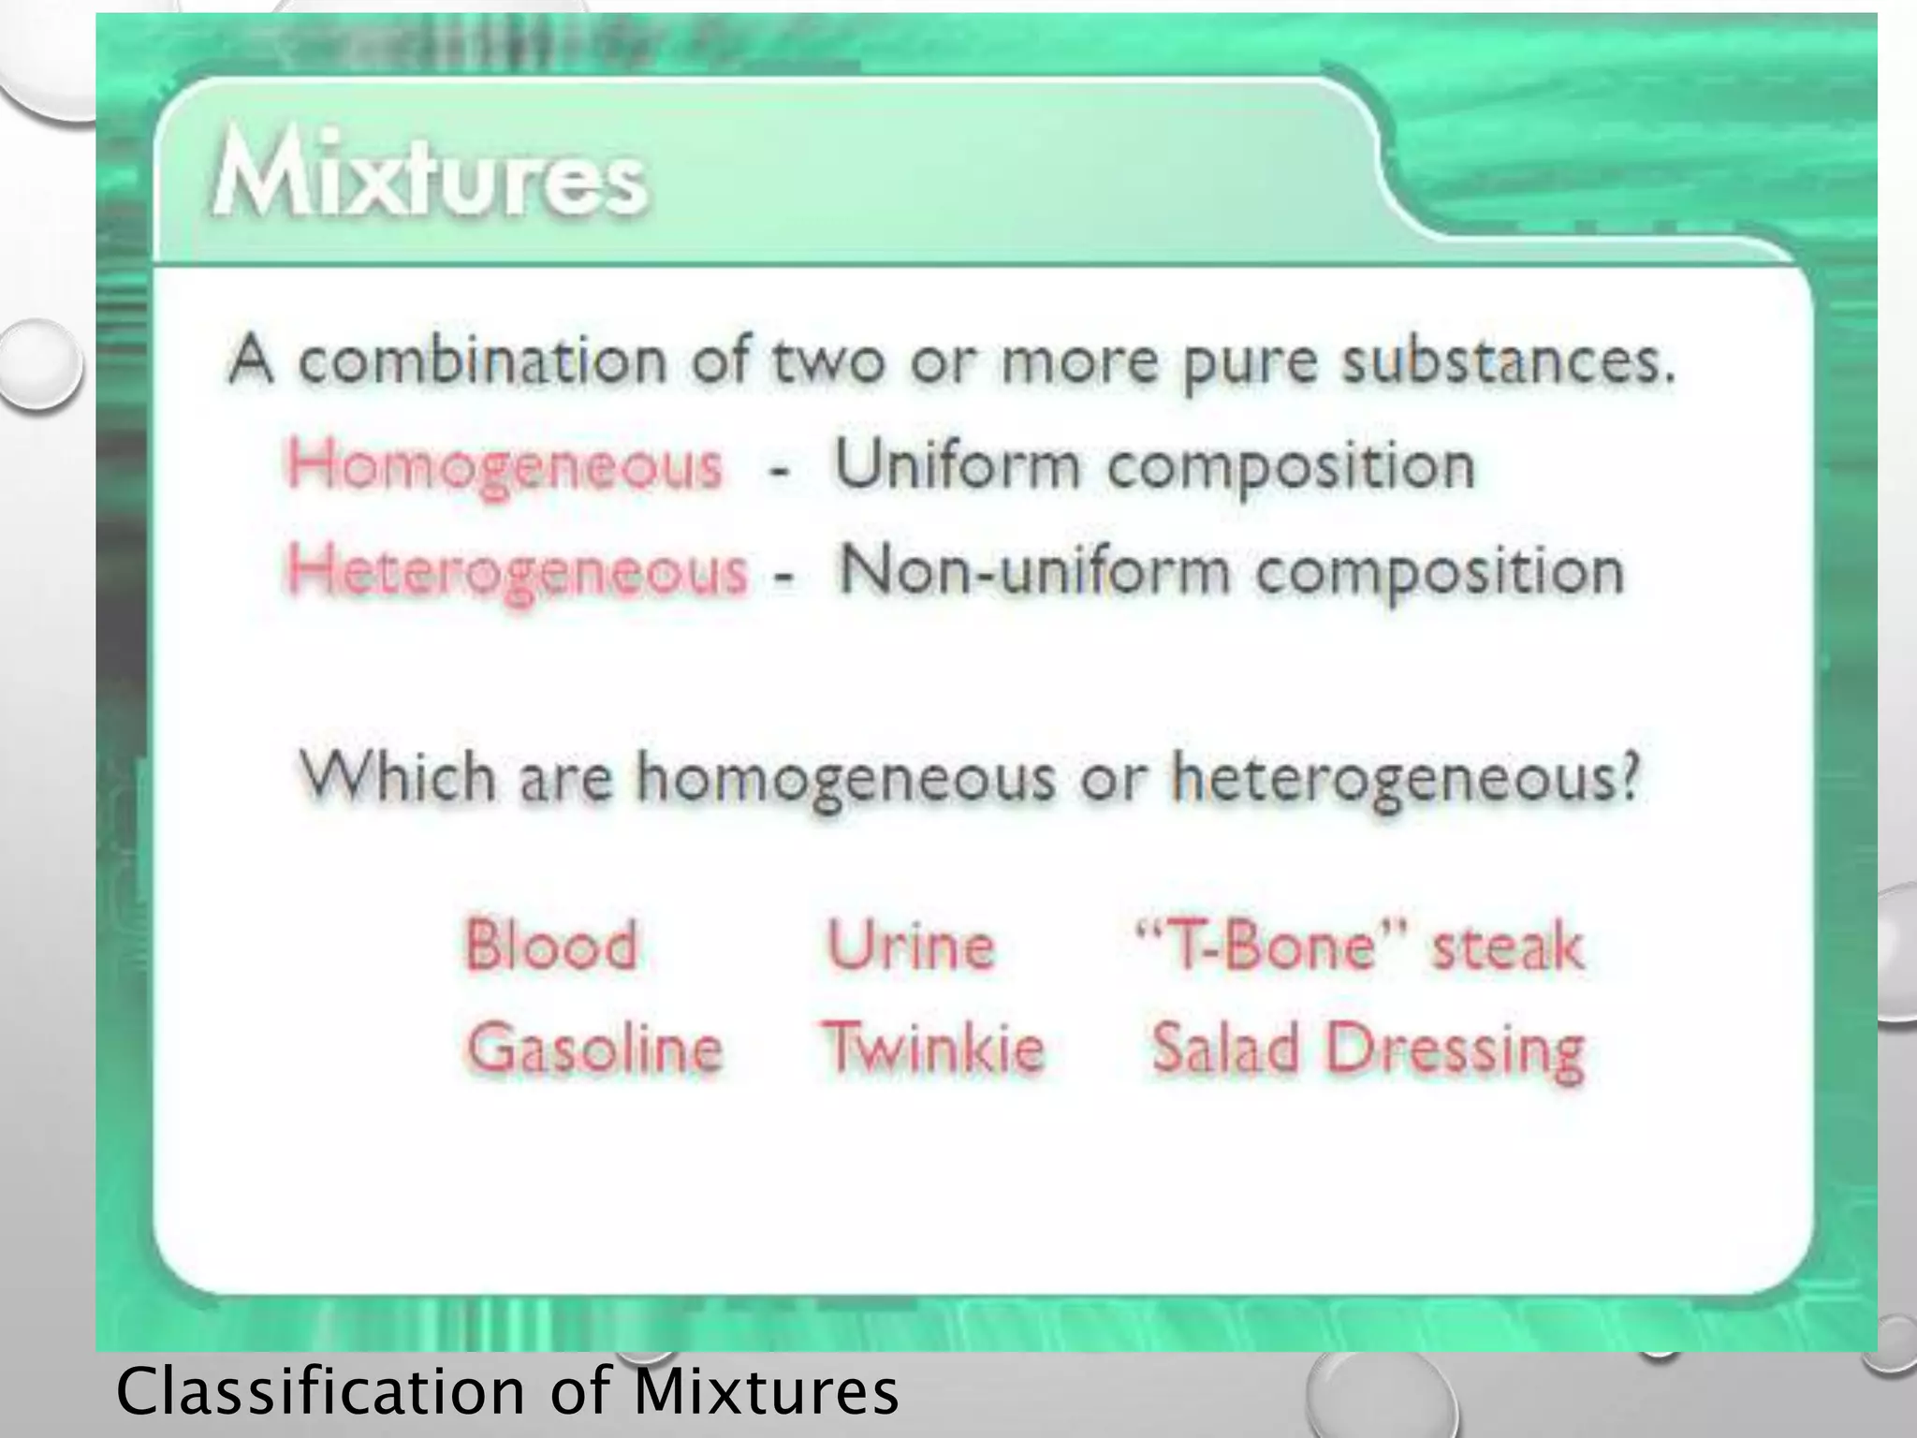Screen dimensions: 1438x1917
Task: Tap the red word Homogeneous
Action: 505,465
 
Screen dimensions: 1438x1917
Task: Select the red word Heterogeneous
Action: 518,570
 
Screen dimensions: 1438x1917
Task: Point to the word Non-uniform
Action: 1034,569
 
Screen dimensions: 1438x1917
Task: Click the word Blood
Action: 551,945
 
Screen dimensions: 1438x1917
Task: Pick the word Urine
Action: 910,945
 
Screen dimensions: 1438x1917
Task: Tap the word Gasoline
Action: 595,1048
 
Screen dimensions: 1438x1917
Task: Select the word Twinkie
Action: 933,1048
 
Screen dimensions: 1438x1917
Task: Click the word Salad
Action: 1225,1048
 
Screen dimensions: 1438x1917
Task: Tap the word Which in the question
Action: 397,776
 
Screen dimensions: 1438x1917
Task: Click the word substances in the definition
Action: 1507,361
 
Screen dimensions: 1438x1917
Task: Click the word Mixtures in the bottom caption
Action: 766,1390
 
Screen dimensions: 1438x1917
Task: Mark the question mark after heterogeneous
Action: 1629,776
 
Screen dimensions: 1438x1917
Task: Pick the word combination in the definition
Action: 482,359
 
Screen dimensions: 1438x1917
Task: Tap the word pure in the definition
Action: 1251,363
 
